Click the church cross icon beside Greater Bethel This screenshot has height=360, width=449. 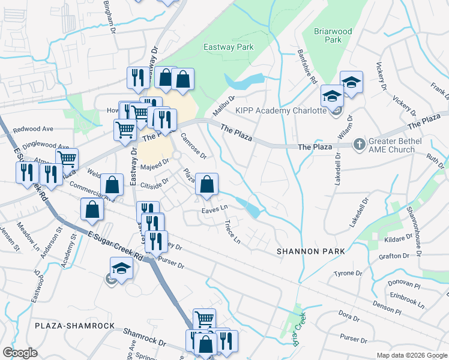pos(359,144)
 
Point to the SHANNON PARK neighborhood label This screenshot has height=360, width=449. pos(310,251)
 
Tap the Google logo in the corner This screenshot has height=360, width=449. pos(20,353)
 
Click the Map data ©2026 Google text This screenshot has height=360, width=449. pos(411,355)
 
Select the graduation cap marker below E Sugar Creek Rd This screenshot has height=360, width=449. pos(121,268)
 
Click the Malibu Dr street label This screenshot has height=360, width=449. pos(223,106)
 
